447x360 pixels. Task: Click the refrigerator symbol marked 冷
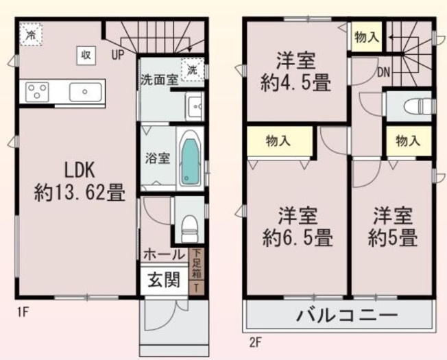[x=31, y=34]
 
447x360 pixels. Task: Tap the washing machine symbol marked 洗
[x=193, y=69]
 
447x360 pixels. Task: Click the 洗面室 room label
[x=158, y=78]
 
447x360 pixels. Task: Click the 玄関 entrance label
[x=162, y=280]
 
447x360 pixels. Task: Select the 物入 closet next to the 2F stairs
[x=366, y=38]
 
